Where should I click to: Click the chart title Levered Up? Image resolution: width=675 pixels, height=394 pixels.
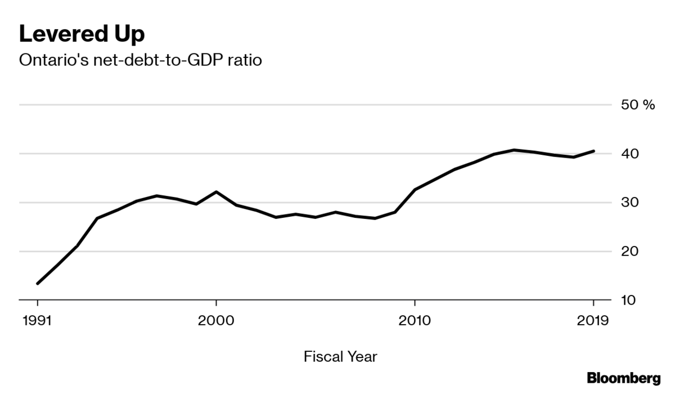tap(82, 34)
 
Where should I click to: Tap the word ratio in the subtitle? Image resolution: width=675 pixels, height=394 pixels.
tap(245, 60)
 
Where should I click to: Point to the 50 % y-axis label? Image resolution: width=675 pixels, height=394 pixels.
tap(638, 105)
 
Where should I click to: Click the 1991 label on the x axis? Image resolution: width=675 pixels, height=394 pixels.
tap(38, 321)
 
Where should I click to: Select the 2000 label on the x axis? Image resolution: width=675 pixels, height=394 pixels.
tap(216, 321)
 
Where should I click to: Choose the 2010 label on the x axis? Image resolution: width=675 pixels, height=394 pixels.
tap(415, 321)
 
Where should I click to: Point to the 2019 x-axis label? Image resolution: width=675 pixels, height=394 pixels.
tap(593, 321)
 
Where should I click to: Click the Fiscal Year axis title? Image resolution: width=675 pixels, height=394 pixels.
tap(340, 356)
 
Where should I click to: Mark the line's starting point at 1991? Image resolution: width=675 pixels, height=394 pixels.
tap(38, 283)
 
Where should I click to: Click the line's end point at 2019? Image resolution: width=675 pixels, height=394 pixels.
tap(593, 151)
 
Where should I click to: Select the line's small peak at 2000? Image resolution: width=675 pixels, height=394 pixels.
tap(216, 192)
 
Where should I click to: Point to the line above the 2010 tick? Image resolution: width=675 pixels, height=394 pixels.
tap(415, 189)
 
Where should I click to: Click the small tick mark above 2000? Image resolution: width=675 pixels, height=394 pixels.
tap(216, 303)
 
